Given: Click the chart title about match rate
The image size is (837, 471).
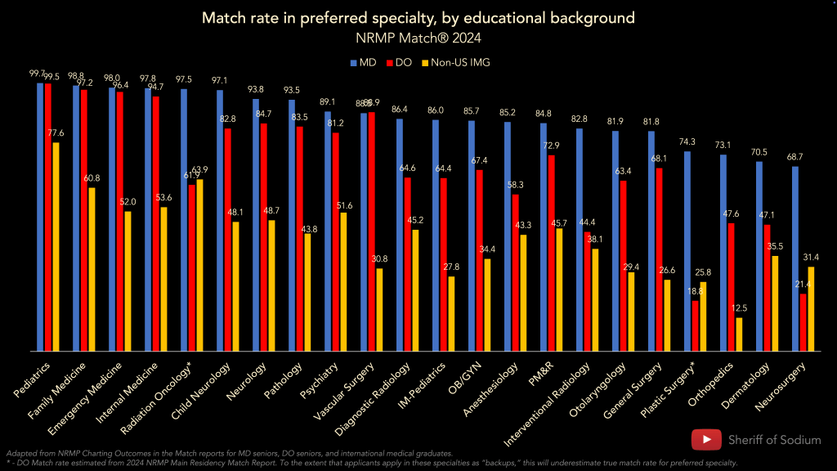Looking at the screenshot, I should [x=418, y=17].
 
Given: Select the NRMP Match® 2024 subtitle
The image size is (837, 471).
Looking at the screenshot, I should [x=418, y=37].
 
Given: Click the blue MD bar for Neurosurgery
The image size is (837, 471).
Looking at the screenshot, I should [x=795, y=258].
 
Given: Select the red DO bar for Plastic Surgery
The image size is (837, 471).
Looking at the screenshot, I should [x=695, y=325].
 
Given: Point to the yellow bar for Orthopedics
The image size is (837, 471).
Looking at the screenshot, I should [x=739, y=334].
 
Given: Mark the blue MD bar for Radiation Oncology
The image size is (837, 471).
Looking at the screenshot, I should [x=184, y=220].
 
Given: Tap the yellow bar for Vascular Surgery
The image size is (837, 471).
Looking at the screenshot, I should [x=379, y=309].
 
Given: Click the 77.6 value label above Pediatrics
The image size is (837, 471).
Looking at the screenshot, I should [x=56, y=132].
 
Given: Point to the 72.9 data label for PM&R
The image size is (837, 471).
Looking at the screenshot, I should [x=552, y=146].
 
